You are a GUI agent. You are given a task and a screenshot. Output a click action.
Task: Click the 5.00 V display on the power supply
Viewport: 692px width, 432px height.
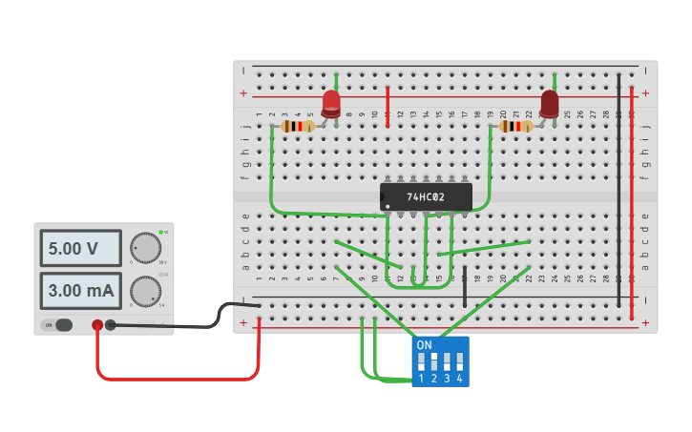click(x=80, y=248)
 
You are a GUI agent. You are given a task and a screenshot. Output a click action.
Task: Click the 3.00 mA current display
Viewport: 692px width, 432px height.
click(x=80, y=290)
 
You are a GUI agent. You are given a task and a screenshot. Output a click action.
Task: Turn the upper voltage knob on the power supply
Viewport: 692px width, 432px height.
click(x=145, y=248)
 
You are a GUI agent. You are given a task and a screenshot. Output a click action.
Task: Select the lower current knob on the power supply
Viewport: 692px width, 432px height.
click(x=145, y=290)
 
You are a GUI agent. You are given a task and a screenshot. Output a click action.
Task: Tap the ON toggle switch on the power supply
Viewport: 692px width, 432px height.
click(x=58, y=325)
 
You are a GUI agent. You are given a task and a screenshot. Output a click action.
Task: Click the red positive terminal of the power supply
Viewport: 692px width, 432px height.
click(x=97, y=325)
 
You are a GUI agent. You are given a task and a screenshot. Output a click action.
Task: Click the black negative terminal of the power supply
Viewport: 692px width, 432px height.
click(x=111, y=325)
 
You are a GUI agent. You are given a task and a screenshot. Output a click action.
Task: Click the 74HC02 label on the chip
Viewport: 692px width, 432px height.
click(x=426, y=197)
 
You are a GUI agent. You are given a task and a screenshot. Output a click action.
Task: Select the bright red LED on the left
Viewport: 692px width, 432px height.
click(x=331, y=103)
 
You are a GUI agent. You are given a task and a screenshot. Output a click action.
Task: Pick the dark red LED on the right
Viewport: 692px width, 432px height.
click(x=550, y=103)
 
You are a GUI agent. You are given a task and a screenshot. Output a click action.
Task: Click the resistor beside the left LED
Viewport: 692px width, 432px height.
click(x=299, y=126)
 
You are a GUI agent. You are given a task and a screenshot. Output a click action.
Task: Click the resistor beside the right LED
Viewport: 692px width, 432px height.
click(x=516, y=126)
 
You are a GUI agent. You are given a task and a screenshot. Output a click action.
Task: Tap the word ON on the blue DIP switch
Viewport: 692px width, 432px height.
click(x=425, y=345)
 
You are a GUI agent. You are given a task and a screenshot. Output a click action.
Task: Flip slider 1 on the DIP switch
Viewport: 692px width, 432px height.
click(x=421, y=363)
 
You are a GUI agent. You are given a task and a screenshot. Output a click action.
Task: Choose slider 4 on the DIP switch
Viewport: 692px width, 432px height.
click(x=460, y=363)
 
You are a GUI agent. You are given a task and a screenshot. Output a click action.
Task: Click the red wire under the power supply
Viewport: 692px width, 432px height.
click(x=177, y=379)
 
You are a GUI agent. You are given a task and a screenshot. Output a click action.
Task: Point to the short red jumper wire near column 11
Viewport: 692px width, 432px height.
click(x=388, y=106)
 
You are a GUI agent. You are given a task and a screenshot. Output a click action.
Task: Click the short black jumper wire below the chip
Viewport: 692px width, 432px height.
click(x=465, y=286)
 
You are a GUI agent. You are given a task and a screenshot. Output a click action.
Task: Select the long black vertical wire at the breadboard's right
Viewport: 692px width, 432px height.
click(x=619, y=191)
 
